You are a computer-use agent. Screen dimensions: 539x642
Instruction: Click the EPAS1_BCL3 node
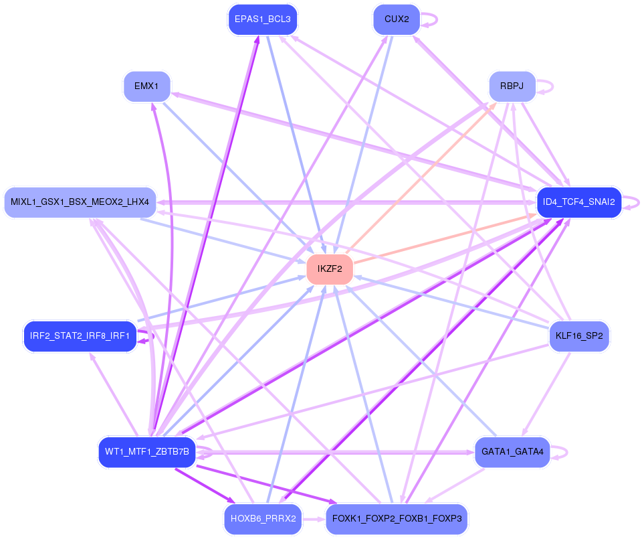click(262, 19)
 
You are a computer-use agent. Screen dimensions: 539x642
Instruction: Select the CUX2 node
click(397, 19)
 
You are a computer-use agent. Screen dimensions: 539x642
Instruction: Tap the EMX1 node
click(146, 86)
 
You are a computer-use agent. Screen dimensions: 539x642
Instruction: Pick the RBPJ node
click(512, 86)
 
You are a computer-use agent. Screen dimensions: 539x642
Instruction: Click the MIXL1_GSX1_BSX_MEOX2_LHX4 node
click(80, 202)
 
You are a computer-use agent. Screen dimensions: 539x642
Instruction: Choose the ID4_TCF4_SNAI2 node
click(579, 202)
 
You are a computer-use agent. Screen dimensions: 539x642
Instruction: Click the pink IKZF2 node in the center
click(330, 269)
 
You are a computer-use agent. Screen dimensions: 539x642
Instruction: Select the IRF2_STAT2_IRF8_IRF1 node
click(80, 335)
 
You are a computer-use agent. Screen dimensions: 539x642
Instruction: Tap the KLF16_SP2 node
click(579, 335)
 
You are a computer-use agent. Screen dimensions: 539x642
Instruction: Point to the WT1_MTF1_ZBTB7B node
click(146, 452)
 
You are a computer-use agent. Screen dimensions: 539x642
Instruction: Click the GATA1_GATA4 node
click(512, 452)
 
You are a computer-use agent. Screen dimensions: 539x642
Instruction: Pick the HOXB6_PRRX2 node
click(263, 519)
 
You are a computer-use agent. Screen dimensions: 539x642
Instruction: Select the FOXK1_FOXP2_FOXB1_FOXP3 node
click(397, 519)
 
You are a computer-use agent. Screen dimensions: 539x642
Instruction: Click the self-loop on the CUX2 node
click(433, 19)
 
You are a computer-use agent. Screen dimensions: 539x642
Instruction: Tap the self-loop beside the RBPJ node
click(548, 86)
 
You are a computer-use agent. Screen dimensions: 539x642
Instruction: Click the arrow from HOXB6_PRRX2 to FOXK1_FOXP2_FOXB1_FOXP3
click(314, 519)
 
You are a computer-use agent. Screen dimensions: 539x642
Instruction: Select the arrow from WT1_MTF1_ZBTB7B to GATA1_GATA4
click(334, 452)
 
